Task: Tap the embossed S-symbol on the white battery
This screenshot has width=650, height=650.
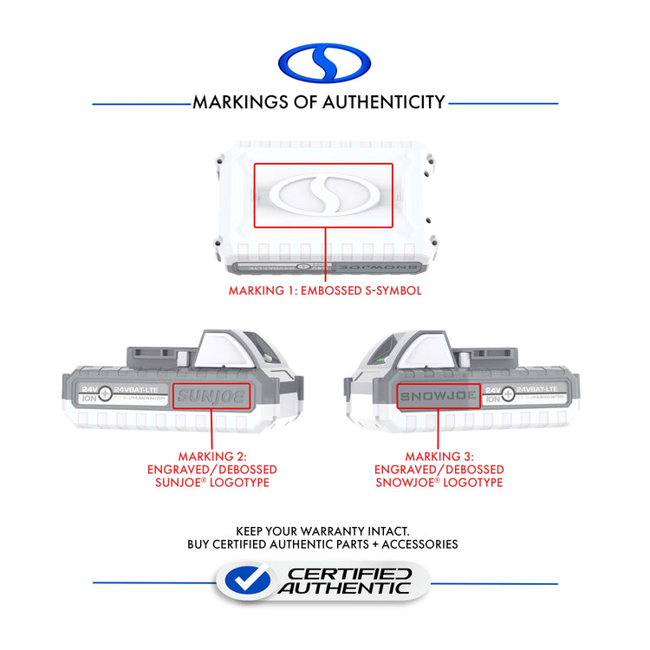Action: (x=323, y=196)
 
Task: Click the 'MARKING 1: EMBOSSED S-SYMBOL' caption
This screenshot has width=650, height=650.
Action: (x=325, y=290)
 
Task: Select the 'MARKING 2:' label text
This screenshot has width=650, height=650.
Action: (x=212, y=456)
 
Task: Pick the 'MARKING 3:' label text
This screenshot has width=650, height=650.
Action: (x=439, y=456)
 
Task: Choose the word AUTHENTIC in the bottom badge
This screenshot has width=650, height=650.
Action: (x=344, y=588)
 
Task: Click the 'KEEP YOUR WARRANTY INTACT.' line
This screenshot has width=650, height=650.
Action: (x=322, y=530)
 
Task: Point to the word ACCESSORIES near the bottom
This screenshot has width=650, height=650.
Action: (x=418, y=544)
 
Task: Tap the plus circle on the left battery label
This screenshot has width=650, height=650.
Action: (x=104, y=393)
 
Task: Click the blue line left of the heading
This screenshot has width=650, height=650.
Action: (x=140, y=104)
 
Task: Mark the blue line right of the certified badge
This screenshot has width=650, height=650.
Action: (x=493, y=582)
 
